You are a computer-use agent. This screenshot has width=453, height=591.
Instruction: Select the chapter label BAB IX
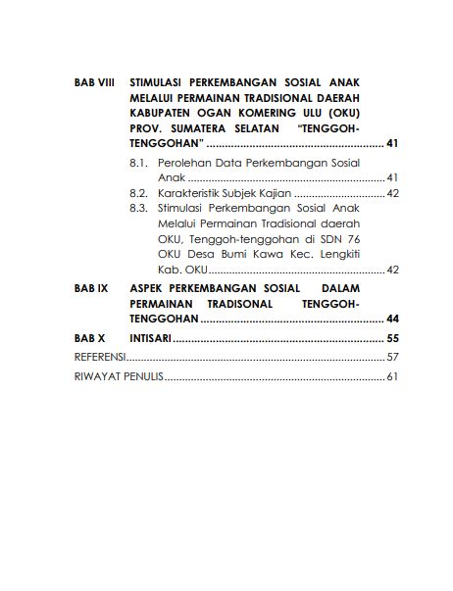[x=90, y=290]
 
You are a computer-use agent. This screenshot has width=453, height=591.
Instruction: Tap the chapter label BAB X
[x=88, y=338]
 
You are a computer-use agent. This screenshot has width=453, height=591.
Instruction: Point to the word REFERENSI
[x=95, y=357]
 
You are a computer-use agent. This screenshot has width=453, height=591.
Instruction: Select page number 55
[x=391, y=338]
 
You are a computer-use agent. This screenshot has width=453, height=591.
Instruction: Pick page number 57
[x=391, y=357]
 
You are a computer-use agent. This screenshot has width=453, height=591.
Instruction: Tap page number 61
[x=391, y=376]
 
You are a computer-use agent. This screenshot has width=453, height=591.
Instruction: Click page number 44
[x=391, y=320]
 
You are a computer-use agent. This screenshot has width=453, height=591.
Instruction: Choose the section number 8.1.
[x=138, y=162]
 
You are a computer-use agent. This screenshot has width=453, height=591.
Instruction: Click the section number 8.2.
[x=138, y=194]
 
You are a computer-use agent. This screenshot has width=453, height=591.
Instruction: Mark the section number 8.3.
[x=138, y=209]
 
